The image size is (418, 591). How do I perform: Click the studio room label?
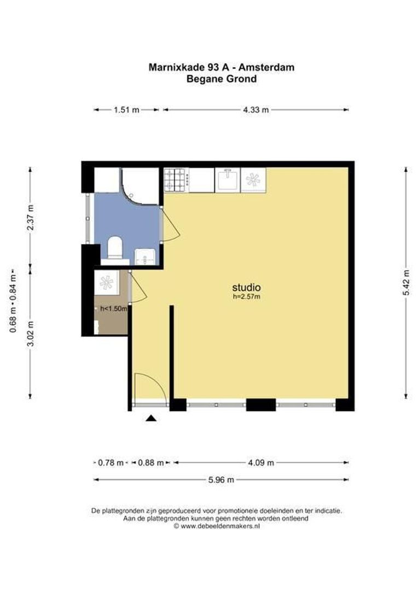246,288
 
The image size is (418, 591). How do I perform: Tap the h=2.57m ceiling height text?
247,297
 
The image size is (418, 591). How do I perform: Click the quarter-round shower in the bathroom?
140,186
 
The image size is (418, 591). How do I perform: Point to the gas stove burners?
176,180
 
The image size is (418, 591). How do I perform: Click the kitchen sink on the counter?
227,180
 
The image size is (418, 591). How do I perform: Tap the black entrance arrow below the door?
151,418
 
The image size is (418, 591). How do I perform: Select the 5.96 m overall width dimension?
221,480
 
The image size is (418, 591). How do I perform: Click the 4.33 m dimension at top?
256,109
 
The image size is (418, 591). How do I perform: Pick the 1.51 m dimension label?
126,109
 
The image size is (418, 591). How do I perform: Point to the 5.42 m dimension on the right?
407,283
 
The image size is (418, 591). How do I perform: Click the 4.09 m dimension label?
261,462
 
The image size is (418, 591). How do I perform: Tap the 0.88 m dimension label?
151,462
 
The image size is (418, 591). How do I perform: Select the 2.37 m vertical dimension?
31,217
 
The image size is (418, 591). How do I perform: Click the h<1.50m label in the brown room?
113,309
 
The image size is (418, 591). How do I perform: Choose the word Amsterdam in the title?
266,67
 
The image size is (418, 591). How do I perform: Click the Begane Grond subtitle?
222,79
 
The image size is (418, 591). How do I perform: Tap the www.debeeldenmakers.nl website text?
220,526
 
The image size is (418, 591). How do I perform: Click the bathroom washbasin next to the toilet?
145,257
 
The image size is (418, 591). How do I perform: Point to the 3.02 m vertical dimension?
31,333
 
